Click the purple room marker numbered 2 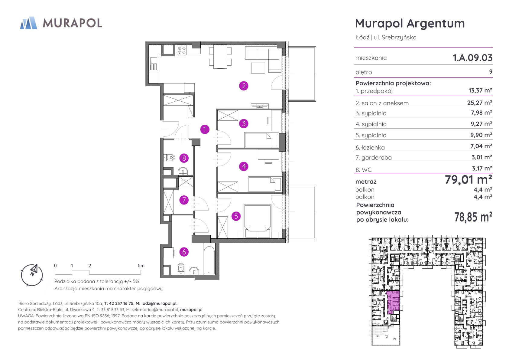[244, 86]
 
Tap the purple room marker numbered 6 [184, 252]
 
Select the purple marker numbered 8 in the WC [184, 158]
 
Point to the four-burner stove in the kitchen [182, 50]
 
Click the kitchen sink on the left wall [154, 64]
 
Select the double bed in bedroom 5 [258, 221]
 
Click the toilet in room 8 [169, 157]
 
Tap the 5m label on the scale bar [141, 266]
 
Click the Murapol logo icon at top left [28, 23]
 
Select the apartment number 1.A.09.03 [472, 58]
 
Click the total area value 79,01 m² [468, 180]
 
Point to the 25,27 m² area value [479, 103]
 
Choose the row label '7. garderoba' [374, 158]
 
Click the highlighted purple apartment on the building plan [393, 302]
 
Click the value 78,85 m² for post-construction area [473, 217]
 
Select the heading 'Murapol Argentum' [410, 23]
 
